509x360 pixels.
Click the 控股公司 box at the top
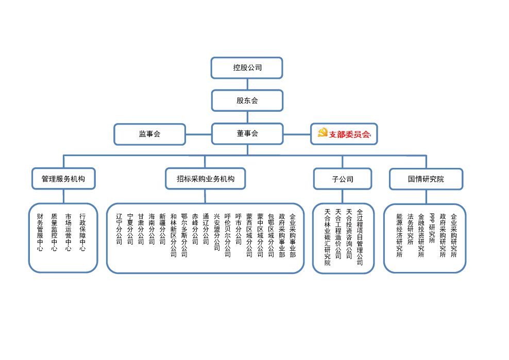pyautogui.click(x=247, y=68)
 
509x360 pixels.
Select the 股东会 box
pyautogui.click(x=247, y=100)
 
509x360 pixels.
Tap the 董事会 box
pyautogui.click(x=247, y=134)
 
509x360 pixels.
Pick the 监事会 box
pyautogui.click(x=149, y=134)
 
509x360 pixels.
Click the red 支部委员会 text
pyautogui.click(x=350, y=134)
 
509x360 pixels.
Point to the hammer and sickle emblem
pyautogui.click(x=323, y=132)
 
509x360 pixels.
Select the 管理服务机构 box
pyautogui.click(x=63, y=179)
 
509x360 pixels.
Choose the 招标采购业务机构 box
pyautogui.click(x=205, y=179)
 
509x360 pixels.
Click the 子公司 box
pyautogui.click(x=343, y=179)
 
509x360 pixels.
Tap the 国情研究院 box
pyautogui.click(x=426, y=179)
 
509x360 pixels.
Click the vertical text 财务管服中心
pyautogui.click(x=40, y=232)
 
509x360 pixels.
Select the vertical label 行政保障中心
pyautogui.click(x=82, y=232)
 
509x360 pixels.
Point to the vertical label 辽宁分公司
pyautogui.click(x=119, y=229)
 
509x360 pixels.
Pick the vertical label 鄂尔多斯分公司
pyautogui.click(x=184, y=235)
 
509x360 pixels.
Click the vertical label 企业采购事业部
pyautogui.click(x=293, y=235)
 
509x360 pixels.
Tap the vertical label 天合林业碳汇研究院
pyautogui.click(x=327, y=237)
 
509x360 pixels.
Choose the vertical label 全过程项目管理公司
pyautogui.click(x=360, y=237)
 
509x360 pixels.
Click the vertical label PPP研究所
pyautogui.click(x=432, y=228)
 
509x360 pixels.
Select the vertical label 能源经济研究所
pyautogui.click(x=399, y=235)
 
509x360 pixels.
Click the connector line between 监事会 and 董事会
pyautogui.click(x=199, y=134)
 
